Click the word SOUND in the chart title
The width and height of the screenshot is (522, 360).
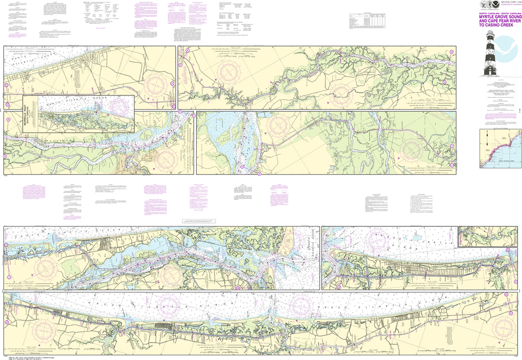click(x=512, y=15)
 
